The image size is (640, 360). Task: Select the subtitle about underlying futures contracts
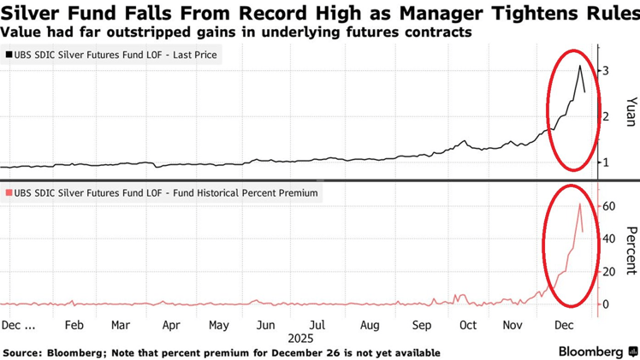point(236,32)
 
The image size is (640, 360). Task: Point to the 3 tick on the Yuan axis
point(606,70)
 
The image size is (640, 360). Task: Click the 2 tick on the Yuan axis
point(606,116)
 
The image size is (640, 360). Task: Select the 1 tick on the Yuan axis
point(606,162)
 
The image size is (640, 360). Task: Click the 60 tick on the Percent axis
point(608,206)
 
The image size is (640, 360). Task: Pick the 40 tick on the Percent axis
point(608,239)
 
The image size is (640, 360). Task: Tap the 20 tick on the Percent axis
point(608,271)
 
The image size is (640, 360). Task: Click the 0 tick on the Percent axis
point(606,304)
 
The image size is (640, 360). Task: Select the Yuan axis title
point(629,112)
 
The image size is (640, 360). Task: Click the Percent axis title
point(629,250)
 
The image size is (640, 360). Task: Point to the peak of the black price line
point(579,66)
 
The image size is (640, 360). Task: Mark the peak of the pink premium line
point(579,204)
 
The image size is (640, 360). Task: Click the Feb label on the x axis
point(74,326)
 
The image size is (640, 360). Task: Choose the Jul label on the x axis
point(317,326)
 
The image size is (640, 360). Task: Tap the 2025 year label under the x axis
point(301,339)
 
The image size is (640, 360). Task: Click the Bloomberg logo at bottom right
point(596,351)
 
